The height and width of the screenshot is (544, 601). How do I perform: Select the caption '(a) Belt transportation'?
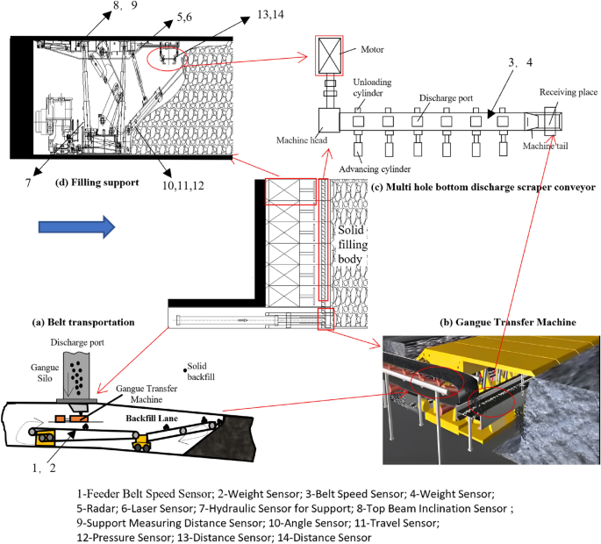tap(84, 322)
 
